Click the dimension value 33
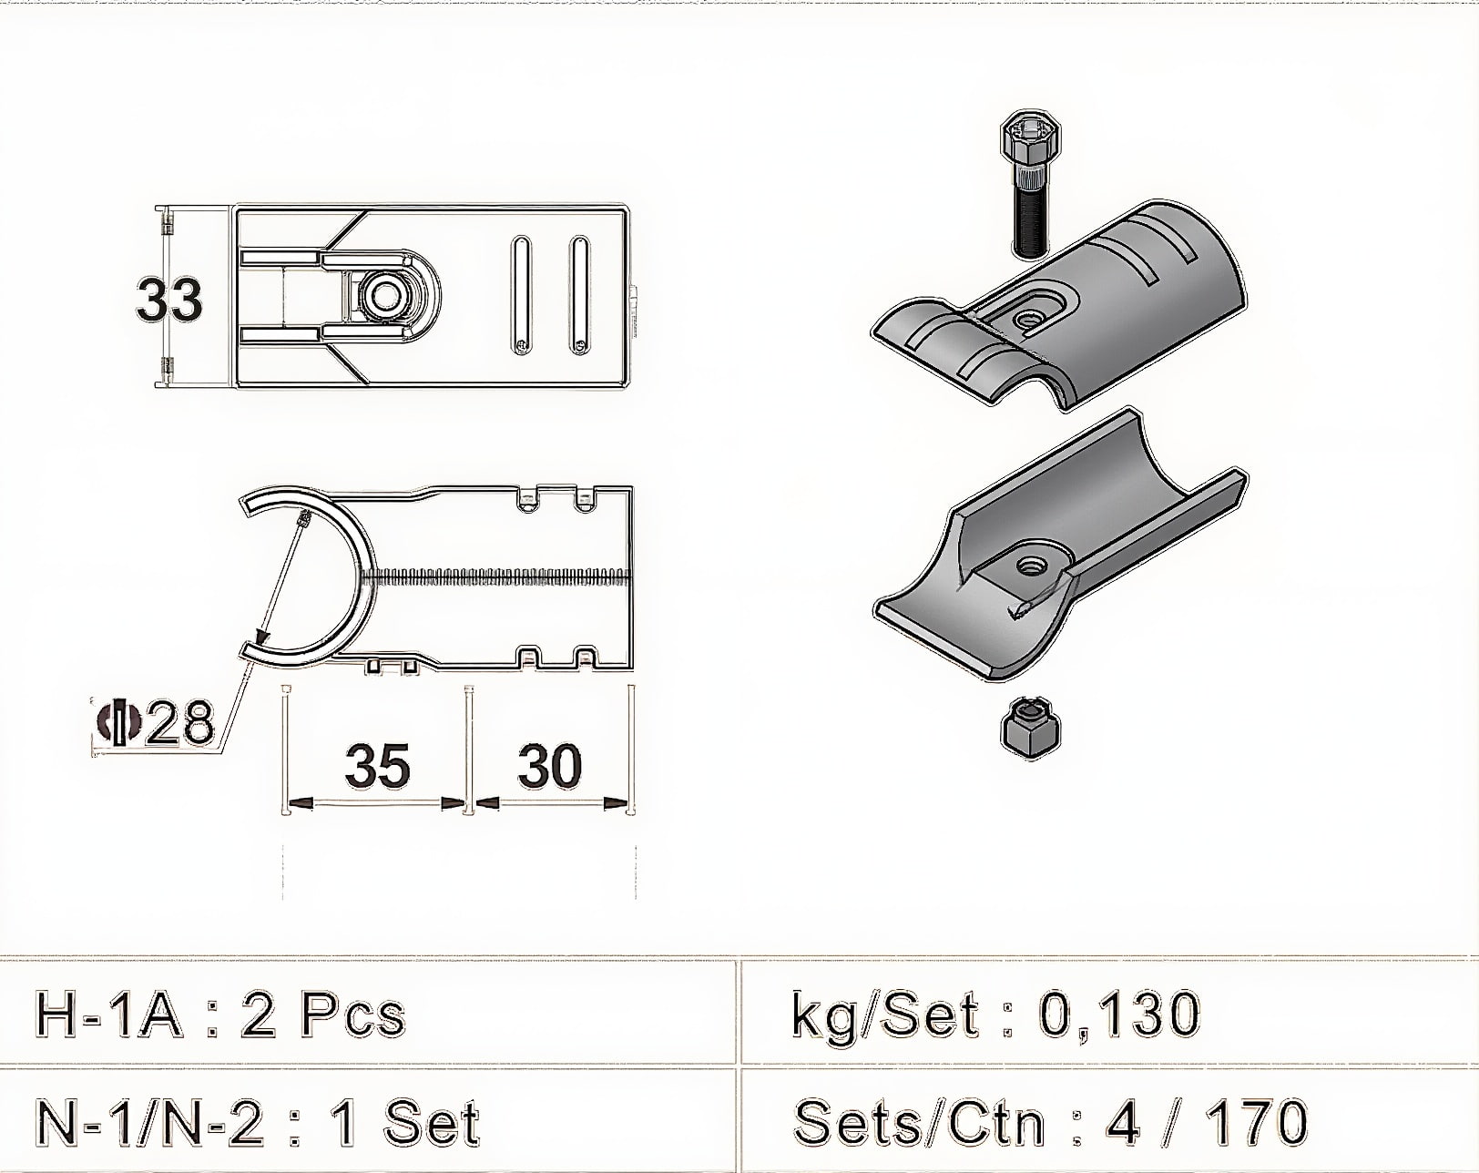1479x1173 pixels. point(169,300)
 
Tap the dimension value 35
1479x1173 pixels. point(377,765)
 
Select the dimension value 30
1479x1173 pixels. point(550,765)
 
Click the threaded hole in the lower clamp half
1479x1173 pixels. point(1031,566)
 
